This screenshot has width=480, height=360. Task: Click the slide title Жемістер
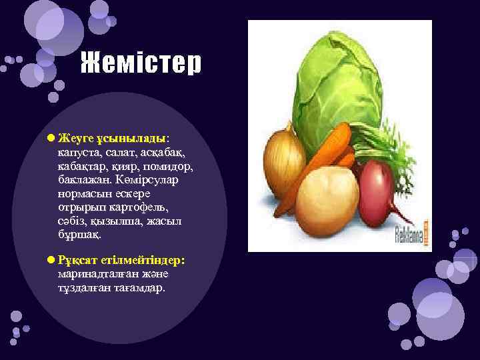coord(141,64)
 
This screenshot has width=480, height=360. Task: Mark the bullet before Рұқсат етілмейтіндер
coord(51,259)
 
